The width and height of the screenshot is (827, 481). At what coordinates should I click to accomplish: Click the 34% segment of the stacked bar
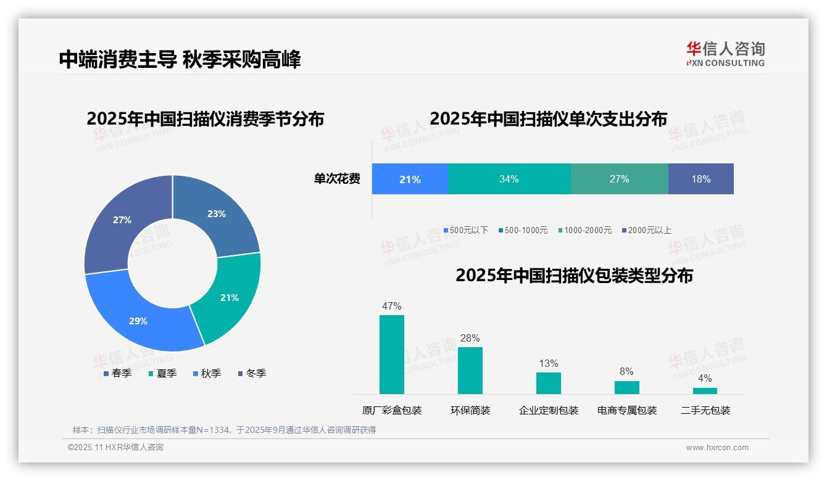509,179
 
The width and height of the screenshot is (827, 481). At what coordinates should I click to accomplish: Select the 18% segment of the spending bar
700,179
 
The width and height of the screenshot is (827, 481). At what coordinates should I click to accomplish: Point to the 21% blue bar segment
410,179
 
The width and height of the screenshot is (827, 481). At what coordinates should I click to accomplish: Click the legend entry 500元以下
465,230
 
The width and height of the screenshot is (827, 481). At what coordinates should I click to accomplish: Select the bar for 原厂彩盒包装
391,355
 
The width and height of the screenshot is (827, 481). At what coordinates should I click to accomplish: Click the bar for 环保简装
470,370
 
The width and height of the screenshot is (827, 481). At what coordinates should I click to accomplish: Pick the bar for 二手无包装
705,390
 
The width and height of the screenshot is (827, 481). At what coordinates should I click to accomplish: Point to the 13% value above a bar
548,363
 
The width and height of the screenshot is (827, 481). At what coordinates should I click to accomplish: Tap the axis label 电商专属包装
626,410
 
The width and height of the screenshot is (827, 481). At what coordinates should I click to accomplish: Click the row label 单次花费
337,179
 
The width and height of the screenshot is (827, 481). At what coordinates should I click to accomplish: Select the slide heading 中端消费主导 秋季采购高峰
180,60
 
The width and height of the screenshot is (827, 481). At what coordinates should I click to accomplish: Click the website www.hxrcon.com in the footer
717,448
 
